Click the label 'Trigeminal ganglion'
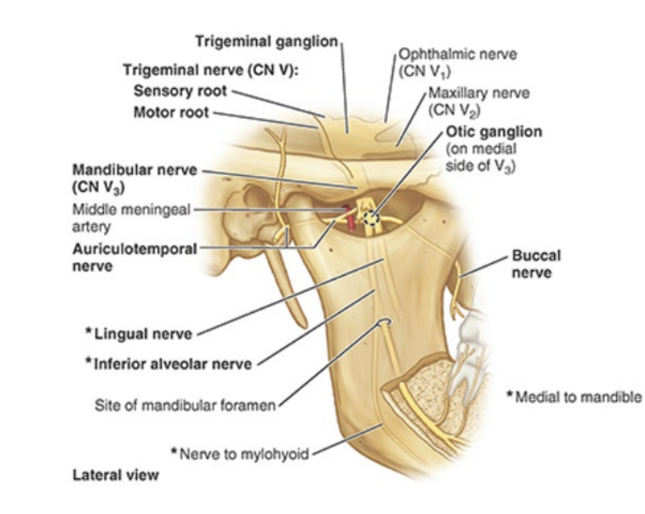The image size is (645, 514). (x=266, y=42)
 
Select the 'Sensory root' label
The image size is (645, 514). (x=181, y=91)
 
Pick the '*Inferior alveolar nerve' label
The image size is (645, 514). (x=168, y=363)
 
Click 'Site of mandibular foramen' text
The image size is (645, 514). (x=185, y=404)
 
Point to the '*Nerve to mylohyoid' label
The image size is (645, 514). (x=241, y=453)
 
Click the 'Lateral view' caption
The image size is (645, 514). (x=115, y=475)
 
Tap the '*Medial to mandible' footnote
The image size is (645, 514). (x=573, y=397)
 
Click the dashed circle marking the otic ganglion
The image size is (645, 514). (x=371, y=218)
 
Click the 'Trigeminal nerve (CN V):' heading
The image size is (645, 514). (x=211, y=70)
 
